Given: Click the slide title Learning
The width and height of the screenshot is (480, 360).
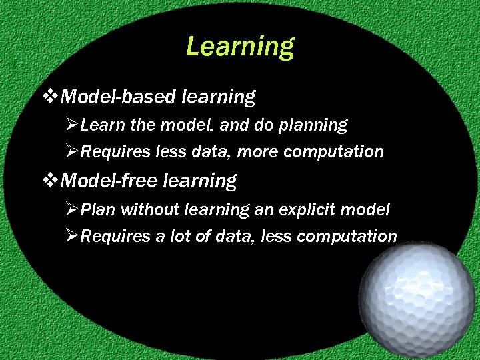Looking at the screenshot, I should pos(239,47).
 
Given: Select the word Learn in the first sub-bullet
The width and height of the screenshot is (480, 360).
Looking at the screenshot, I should pos(101,125).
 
